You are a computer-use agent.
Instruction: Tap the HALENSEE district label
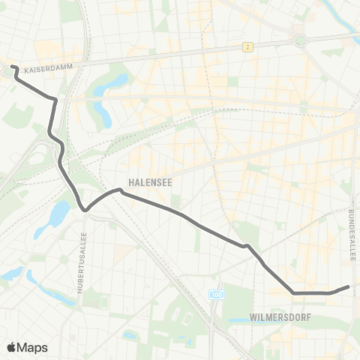pyautogui.click(x=145, y=181)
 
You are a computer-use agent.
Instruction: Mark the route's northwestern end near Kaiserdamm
pyautogui.click(x=13, y=67)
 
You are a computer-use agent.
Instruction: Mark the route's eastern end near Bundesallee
pyautogui.click(x=349, y=287)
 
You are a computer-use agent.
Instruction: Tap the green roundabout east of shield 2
pyautogui.click(x=301, y=39)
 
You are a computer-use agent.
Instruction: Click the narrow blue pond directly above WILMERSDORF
pyautogui.click(x=247, y=321)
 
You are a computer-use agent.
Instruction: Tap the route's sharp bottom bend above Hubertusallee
pyautogui.click(x=85, y=209)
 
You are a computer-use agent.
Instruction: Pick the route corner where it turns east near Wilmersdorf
pyautogui.click(x=292, y=292)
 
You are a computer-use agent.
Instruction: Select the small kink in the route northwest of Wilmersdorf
pyautogui.click(x=245, y=245)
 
